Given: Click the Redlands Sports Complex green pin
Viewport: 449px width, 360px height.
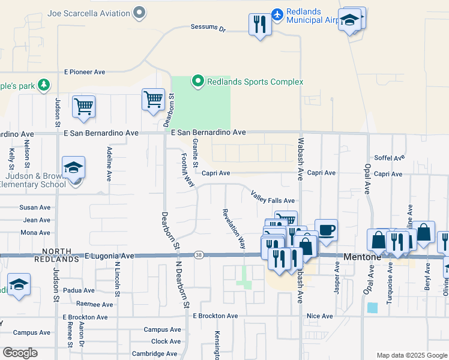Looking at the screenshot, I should pos(197,80).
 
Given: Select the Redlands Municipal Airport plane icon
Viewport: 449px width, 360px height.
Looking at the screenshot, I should pos(277,13).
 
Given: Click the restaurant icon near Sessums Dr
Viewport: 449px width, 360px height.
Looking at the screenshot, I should pos(259,24).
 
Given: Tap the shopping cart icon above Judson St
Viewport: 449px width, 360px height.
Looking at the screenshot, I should pos(83,106).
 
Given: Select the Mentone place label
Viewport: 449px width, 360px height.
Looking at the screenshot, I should pos(362,256).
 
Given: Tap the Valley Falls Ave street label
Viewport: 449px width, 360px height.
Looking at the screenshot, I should pos(273,196).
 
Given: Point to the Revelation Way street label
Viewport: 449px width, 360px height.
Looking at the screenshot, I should pos(234,229).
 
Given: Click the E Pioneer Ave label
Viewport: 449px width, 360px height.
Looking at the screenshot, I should pos(85,72).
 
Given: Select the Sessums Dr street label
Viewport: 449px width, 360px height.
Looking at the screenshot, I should pos(207,28).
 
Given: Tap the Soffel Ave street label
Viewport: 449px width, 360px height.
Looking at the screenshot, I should pos(390,158).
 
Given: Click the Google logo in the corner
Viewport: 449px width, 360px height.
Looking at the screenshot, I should pos(20,353).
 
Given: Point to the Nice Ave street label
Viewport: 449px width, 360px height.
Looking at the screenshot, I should pos(319,316).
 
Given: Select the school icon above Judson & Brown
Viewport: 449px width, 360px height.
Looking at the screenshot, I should pos(73,167).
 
